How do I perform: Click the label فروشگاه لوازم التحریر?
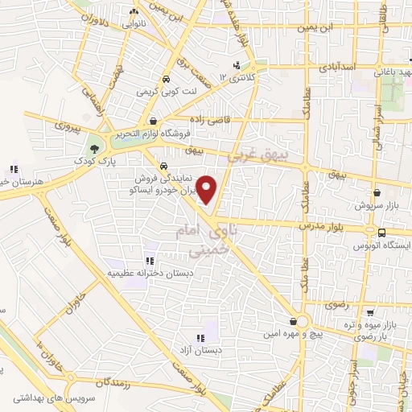[150, 134]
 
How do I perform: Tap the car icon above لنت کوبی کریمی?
[164, 80]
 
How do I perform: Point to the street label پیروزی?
[68, 126]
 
